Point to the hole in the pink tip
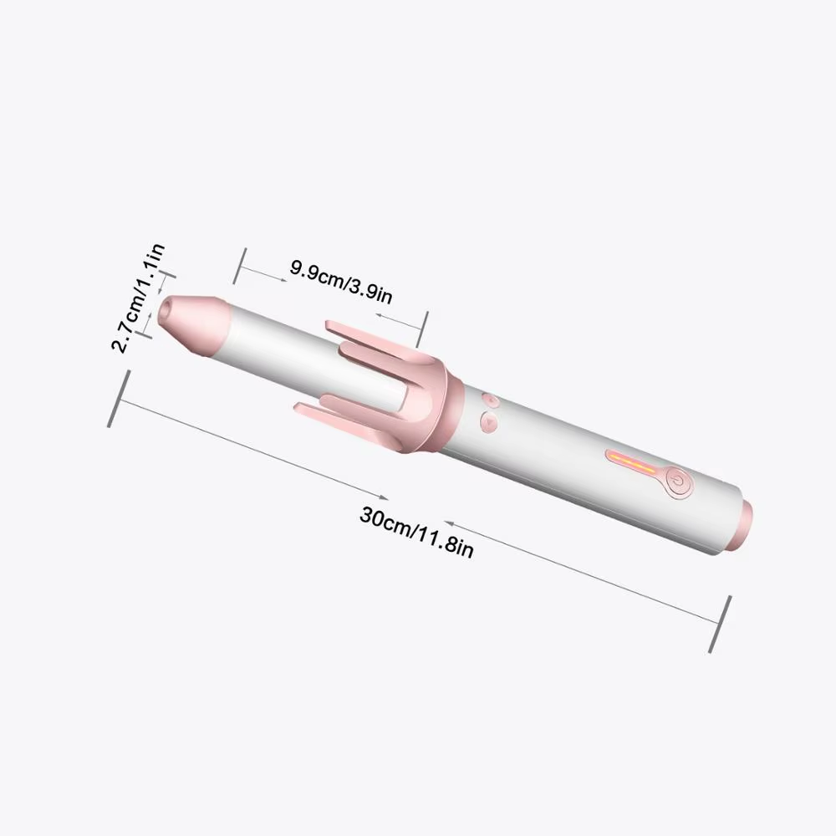click(x=166, y=310)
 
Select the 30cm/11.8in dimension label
click(x=416, y=532)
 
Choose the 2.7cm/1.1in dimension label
click(x=138, y=298)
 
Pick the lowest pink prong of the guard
click(x=334, y=412)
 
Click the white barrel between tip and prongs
click(x=276, y=334)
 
